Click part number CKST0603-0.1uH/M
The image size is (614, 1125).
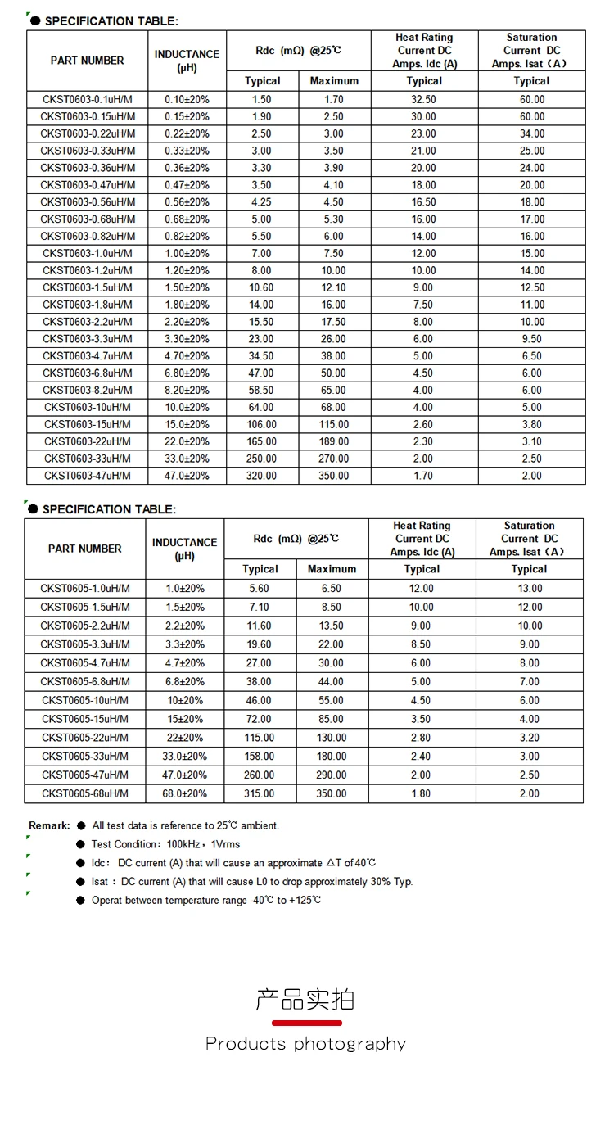[x=88, y=99]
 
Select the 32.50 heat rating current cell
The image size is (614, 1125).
[x=424, y=99]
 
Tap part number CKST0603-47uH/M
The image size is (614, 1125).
[x=88, y=476]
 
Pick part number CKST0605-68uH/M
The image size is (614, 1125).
[x=85, y=793]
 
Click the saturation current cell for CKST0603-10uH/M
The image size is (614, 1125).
[x=531, y=407]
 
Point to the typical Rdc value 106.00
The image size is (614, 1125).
[x=262, y=424]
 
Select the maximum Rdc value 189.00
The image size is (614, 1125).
[x=334, y=441]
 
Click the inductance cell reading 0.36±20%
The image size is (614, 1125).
[x=187, y=168]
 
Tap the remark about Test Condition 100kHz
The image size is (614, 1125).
[x=165, y=844]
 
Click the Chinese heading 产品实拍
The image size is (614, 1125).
[x=305, y=1000]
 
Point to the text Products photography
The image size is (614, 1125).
[x=305, y=1044]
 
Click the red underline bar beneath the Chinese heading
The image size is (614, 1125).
[x=306, y=1023]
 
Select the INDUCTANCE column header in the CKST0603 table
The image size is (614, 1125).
[x=187, y=61]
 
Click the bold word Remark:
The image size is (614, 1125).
[x=49, y=825]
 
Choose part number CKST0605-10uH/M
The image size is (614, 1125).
[x=85, y=700]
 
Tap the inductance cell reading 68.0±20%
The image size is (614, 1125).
[x=185, y=793]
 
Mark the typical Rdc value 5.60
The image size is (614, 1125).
[x=260, y=589]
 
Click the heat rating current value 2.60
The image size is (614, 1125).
[x=424, y=424]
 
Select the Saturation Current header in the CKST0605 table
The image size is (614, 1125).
[x=530, y=539]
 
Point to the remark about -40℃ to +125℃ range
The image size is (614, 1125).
[x=206, y=901]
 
